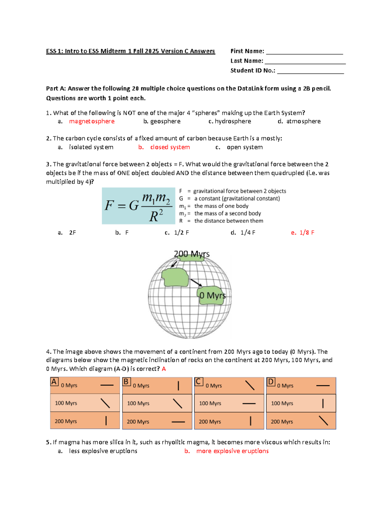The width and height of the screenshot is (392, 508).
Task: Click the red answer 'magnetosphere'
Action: point(91,121)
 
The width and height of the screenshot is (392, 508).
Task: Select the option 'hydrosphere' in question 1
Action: point(233,121)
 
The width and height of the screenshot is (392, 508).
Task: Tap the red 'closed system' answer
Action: point(170,147)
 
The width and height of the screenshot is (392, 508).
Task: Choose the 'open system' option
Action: point(244,147)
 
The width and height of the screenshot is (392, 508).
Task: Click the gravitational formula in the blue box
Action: point(139,206)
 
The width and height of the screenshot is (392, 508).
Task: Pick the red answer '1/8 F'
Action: point(306,233)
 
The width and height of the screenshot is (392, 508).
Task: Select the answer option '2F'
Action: point(73,233)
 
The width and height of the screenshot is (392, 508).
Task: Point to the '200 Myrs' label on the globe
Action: point(191,254)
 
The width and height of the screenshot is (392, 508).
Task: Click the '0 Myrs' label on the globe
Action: point(212,295)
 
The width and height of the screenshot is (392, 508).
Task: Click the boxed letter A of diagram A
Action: point(54,382)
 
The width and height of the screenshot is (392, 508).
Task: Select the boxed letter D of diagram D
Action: point(270,382)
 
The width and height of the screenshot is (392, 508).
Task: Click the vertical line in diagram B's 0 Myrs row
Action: point(178,386)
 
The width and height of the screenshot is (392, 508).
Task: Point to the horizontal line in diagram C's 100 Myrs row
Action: point(249,404)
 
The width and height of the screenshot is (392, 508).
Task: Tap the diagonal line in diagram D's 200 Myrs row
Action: point(323,421)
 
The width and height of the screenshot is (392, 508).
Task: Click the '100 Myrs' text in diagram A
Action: point(66,403)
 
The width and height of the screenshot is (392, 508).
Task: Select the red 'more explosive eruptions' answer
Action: point(232,451)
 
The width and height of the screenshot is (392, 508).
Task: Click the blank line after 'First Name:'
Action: point(304,52)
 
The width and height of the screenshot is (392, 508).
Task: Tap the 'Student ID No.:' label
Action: point(253,71)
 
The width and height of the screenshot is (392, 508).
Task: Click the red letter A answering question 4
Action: point(164,369)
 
